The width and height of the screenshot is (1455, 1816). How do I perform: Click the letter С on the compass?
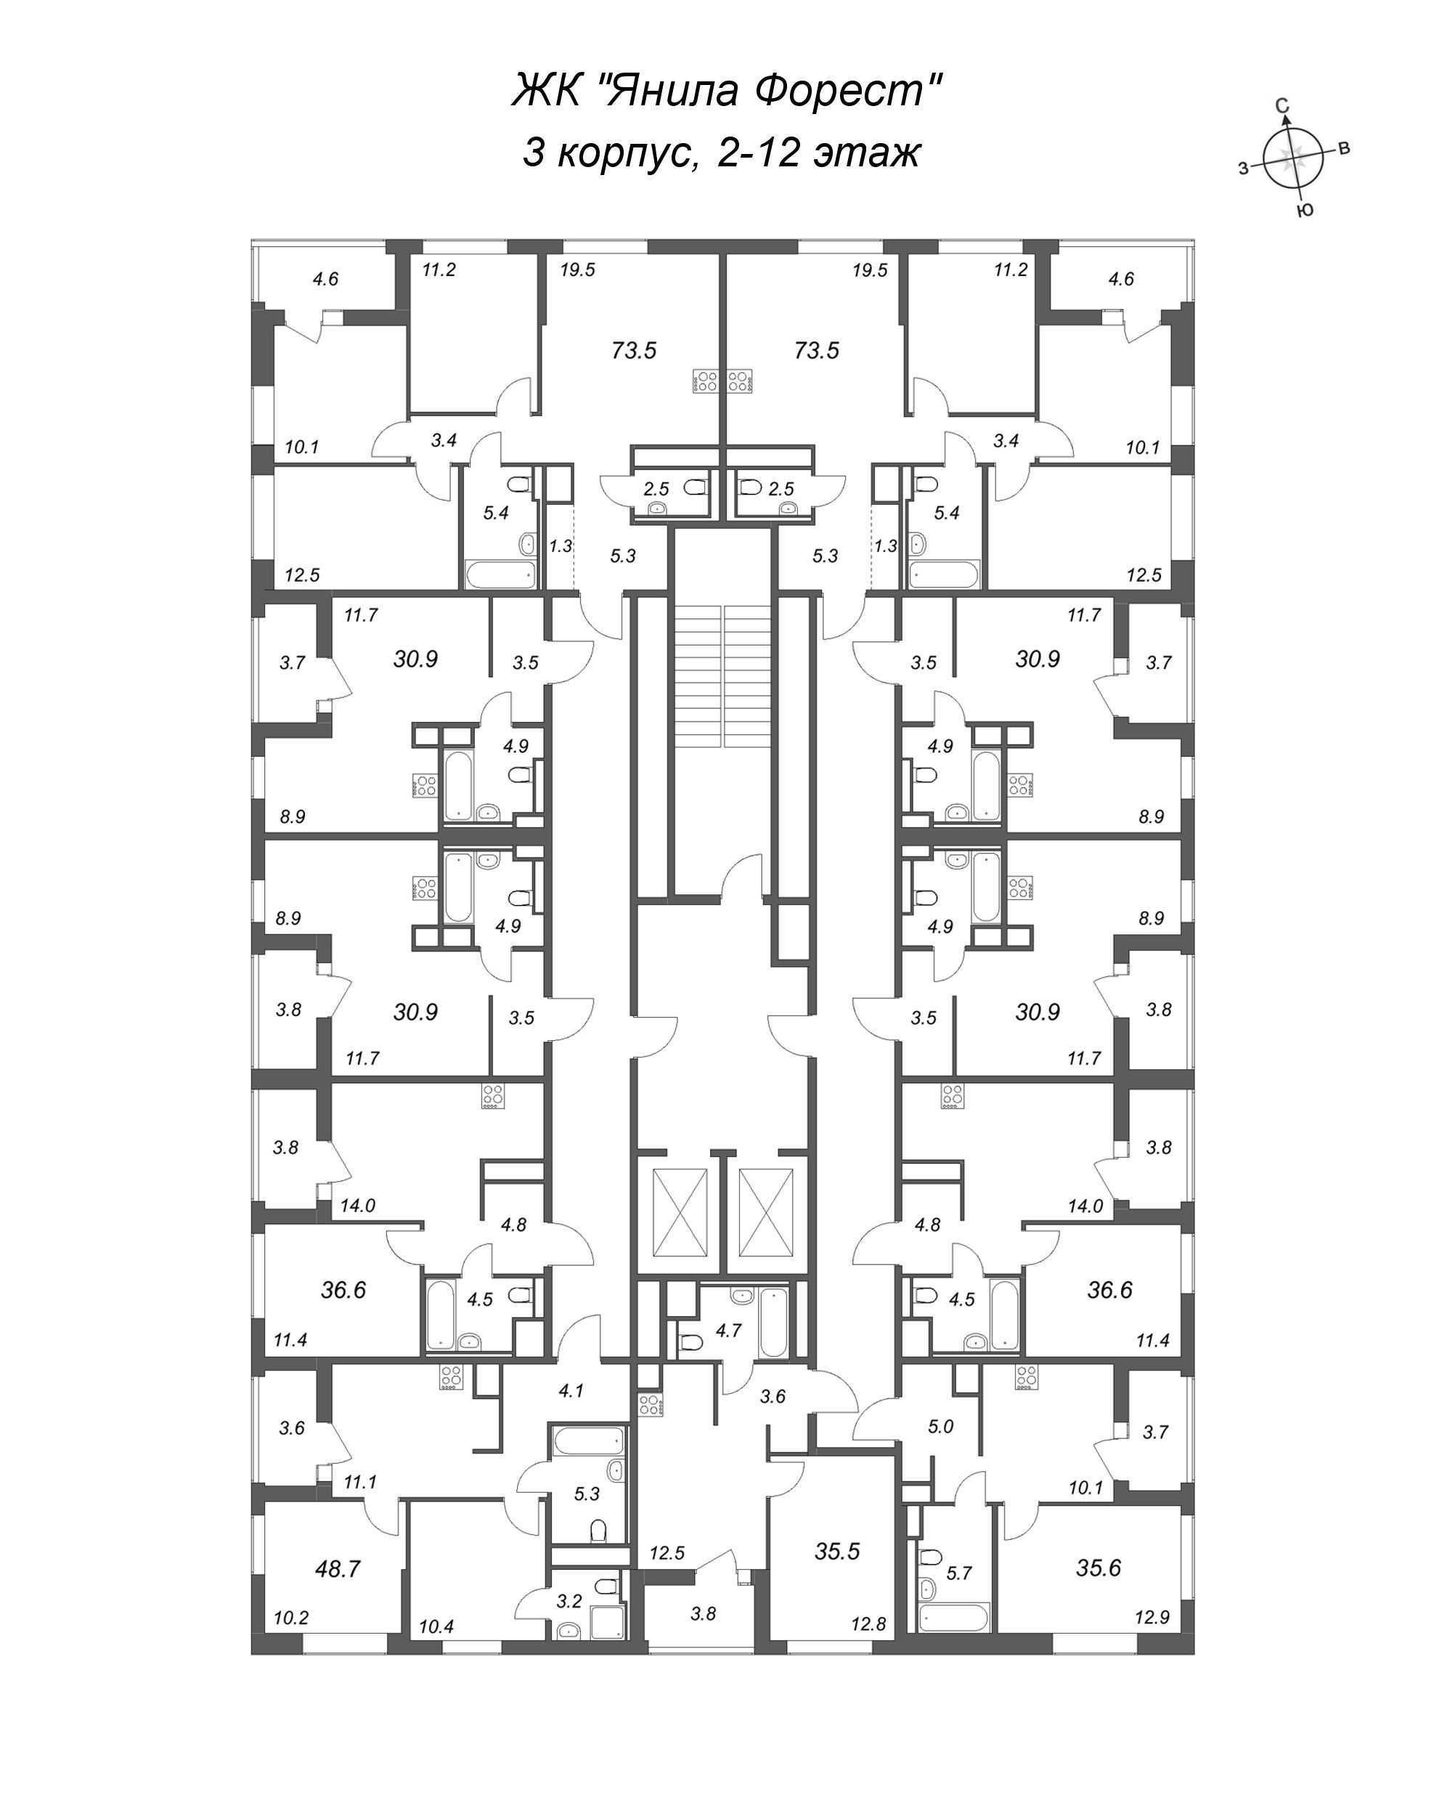[1281, 105]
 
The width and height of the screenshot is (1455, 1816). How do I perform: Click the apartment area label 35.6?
[1098, 1568]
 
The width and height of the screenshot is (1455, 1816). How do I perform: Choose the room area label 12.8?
[868, 1625]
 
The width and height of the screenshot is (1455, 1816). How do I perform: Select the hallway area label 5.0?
[940, 1427]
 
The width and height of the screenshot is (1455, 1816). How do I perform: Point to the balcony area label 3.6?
[291, 1427]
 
